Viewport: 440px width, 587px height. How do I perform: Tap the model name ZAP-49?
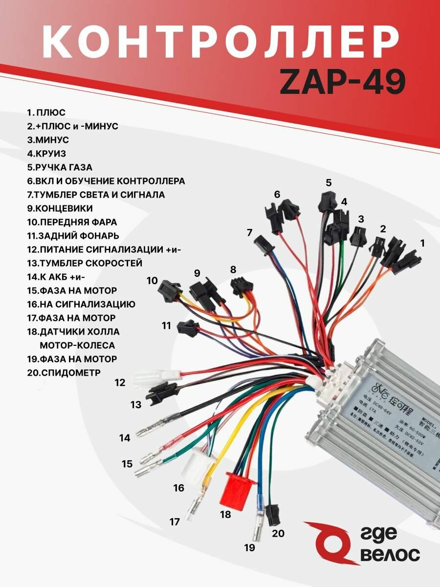coord(342,81)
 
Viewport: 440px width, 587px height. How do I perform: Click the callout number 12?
coord(121,383)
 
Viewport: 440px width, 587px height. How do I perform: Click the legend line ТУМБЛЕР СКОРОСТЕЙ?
coord(85,263)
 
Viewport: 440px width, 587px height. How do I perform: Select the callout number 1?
coord(422,242)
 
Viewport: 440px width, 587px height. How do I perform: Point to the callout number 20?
coord(278,533)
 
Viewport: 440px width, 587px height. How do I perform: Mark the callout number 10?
coord(152,280)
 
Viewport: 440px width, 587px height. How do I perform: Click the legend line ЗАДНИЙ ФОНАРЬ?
coord(73,236)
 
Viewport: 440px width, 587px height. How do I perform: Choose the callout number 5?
coord(329,183)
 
